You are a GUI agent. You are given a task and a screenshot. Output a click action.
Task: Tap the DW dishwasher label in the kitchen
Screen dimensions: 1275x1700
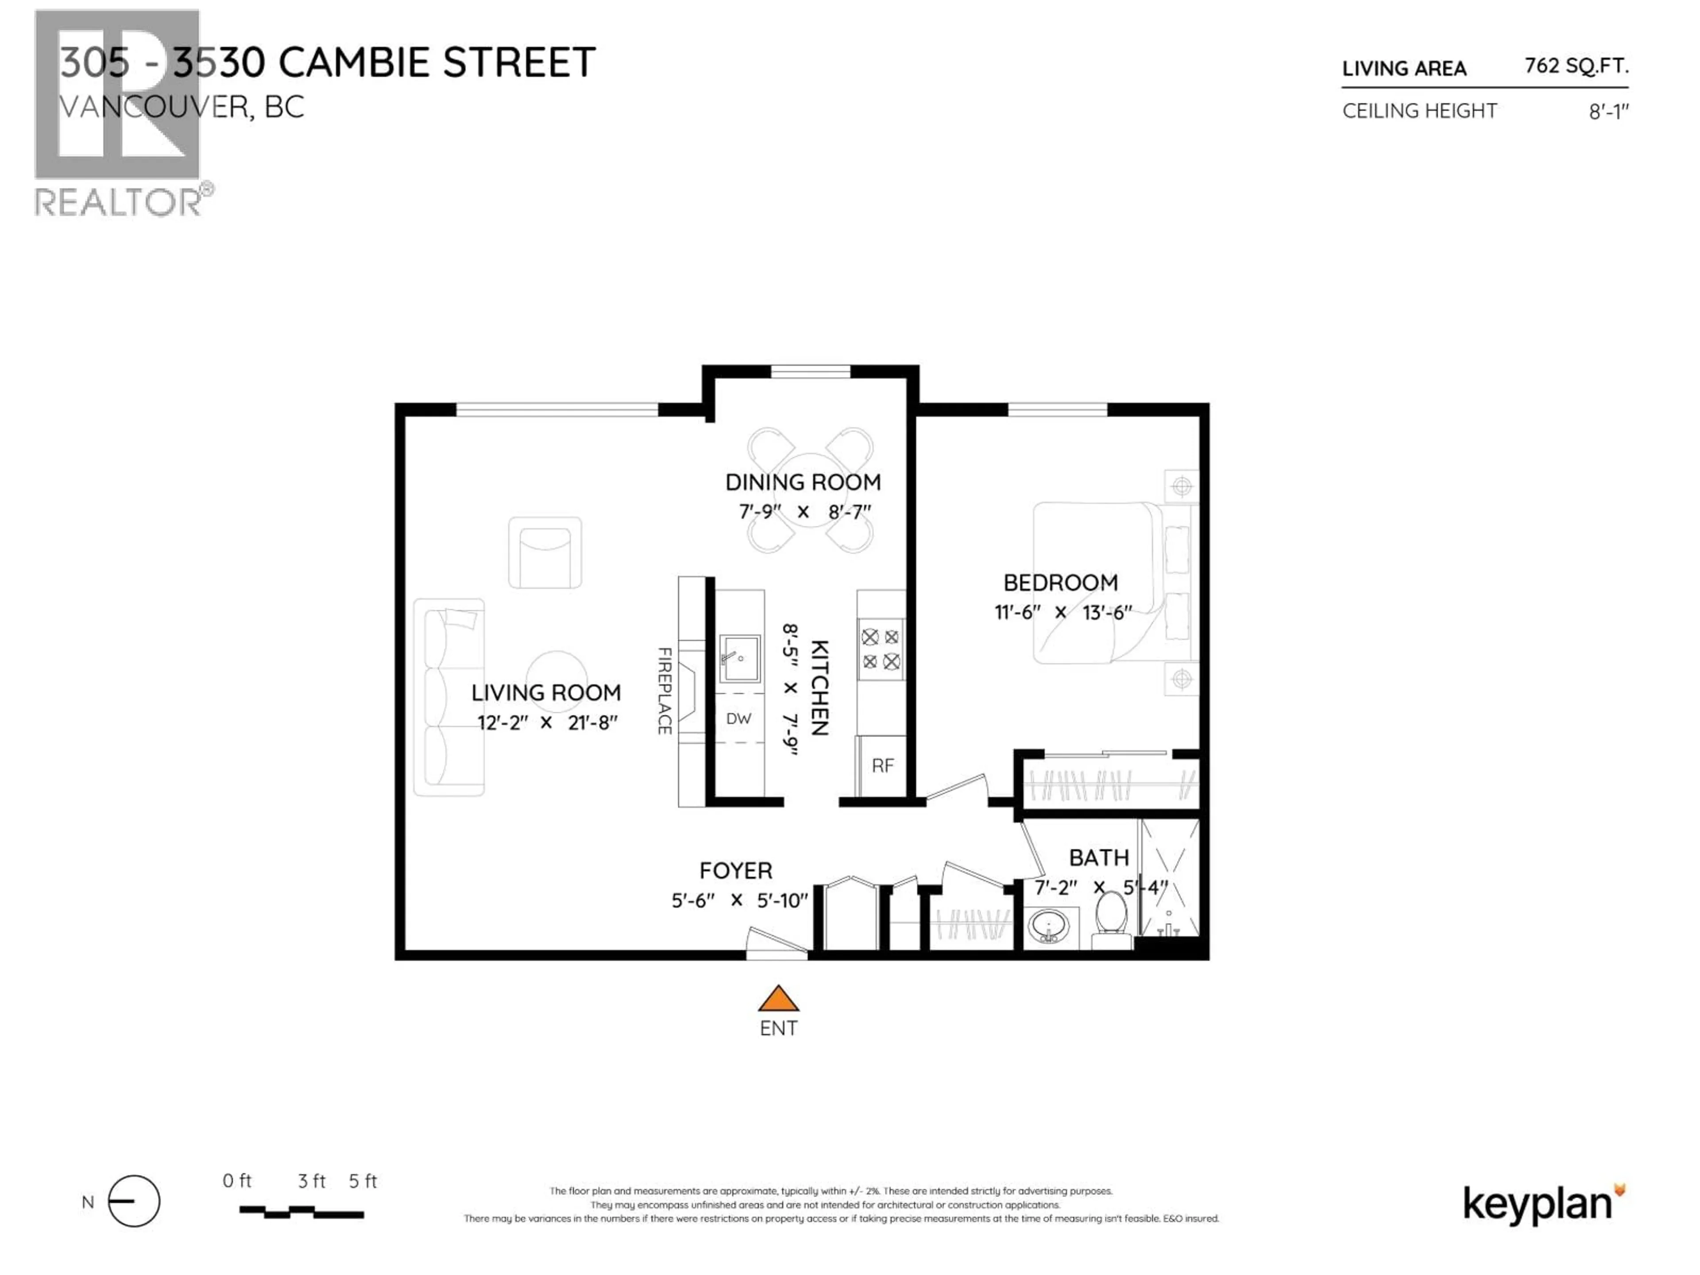(738, 719)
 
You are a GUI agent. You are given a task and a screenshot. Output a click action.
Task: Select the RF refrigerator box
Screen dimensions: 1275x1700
(882, 766)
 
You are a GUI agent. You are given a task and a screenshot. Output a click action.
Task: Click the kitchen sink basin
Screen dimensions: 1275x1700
(739, 659)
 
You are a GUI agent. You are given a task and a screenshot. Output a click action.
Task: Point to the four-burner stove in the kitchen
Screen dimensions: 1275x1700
(881, 649)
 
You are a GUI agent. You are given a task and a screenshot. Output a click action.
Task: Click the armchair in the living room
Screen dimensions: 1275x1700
(545, 552)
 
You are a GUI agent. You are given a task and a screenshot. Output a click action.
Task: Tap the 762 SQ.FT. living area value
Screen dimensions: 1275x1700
(1576, 66)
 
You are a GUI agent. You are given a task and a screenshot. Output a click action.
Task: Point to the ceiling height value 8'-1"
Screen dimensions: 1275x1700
(1608, 112)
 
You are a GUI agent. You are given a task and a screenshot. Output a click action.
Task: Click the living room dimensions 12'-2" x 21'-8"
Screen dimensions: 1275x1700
(546, 723)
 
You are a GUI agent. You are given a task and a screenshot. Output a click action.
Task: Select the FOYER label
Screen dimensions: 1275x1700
(735, 871)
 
